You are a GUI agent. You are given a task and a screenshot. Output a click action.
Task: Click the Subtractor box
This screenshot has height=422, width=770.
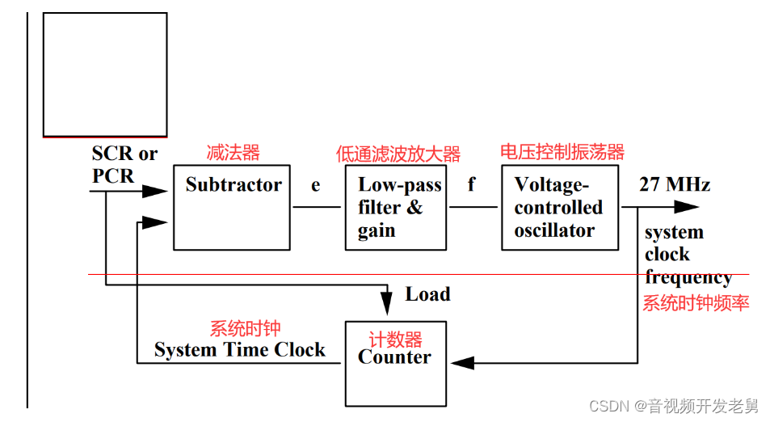tap(232, 207)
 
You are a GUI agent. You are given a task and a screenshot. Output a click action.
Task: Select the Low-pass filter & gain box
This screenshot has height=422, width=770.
tap(395, 208)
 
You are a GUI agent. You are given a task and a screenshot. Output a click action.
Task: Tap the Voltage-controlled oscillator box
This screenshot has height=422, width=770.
tap(559, 208)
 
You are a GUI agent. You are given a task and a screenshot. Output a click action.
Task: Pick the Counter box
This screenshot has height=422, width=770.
tap(395, 363)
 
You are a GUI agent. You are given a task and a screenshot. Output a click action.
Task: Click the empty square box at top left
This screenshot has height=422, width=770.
tap(105, 74)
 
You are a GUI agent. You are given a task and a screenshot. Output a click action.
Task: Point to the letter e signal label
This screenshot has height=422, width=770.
tap(316, 186)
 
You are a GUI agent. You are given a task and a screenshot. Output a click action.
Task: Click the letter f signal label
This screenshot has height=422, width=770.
tap(471, 185)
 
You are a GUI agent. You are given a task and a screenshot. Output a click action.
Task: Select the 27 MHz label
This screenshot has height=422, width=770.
tap(675, 184)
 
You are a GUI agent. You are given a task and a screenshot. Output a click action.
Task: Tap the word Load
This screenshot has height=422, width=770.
tap(427, 294)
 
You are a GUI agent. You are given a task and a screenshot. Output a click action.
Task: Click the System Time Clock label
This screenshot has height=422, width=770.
tap(240, 350)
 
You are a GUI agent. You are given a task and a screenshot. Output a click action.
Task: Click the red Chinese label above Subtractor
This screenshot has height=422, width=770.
tap(234, 152)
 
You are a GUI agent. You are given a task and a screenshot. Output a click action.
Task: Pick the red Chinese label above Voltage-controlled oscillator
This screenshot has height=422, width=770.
tap(562, 151)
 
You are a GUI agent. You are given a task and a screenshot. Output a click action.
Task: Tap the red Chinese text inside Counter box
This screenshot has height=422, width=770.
tap(396, 339)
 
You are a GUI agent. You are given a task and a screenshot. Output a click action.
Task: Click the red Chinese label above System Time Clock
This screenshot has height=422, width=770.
tap(245, 328)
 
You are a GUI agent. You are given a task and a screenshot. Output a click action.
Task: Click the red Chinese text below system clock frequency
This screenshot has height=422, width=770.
tap(696, 303)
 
